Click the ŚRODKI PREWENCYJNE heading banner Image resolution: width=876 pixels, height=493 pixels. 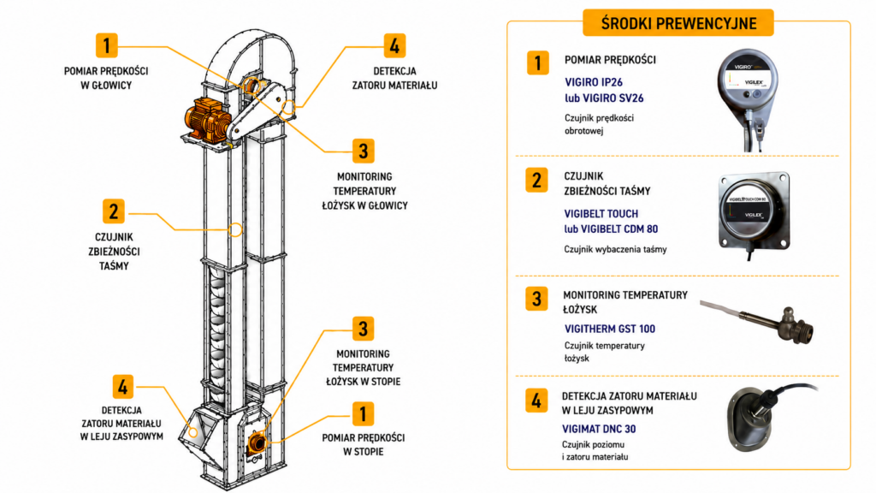(x=678, y=23)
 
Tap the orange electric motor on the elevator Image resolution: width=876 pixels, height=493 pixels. (x=207, y=118)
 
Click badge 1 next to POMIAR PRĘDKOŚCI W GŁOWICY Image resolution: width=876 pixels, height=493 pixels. (x=107, y=46)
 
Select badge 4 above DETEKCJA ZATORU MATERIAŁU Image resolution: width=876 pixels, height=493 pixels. (x=394, y=46)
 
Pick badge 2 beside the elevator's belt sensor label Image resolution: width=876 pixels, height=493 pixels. (x=114, y=212)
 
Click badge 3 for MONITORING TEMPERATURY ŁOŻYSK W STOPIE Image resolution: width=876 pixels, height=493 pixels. (x=363, y=329)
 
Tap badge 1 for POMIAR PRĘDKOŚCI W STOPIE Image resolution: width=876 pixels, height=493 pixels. (x=363, y=414)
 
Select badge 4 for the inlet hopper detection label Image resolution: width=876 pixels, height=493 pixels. (x=123, y=386)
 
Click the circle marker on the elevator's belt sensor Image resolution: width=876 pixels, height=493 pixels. (x=236, y=229)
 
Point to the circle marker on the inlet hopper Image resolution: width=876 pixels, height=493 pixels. (x=192, y=432)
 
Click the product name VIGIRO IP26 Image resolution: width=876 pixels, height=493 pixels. (x=594, y=82)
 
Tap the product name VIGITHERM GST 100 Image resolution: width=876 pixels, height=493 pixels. (x=609, y=329)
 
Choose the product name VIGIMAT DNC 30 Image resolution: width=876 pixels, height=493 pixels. (x=599, y=429)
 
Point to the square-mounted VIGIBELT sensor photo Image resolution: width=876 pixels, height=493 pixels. (x=755, y=213)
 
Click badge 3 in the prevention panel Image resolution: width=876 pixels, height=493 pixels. (x=536, y=299)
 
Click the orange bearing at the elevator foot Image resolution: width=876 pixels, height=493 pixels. (x=257, y=443)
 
